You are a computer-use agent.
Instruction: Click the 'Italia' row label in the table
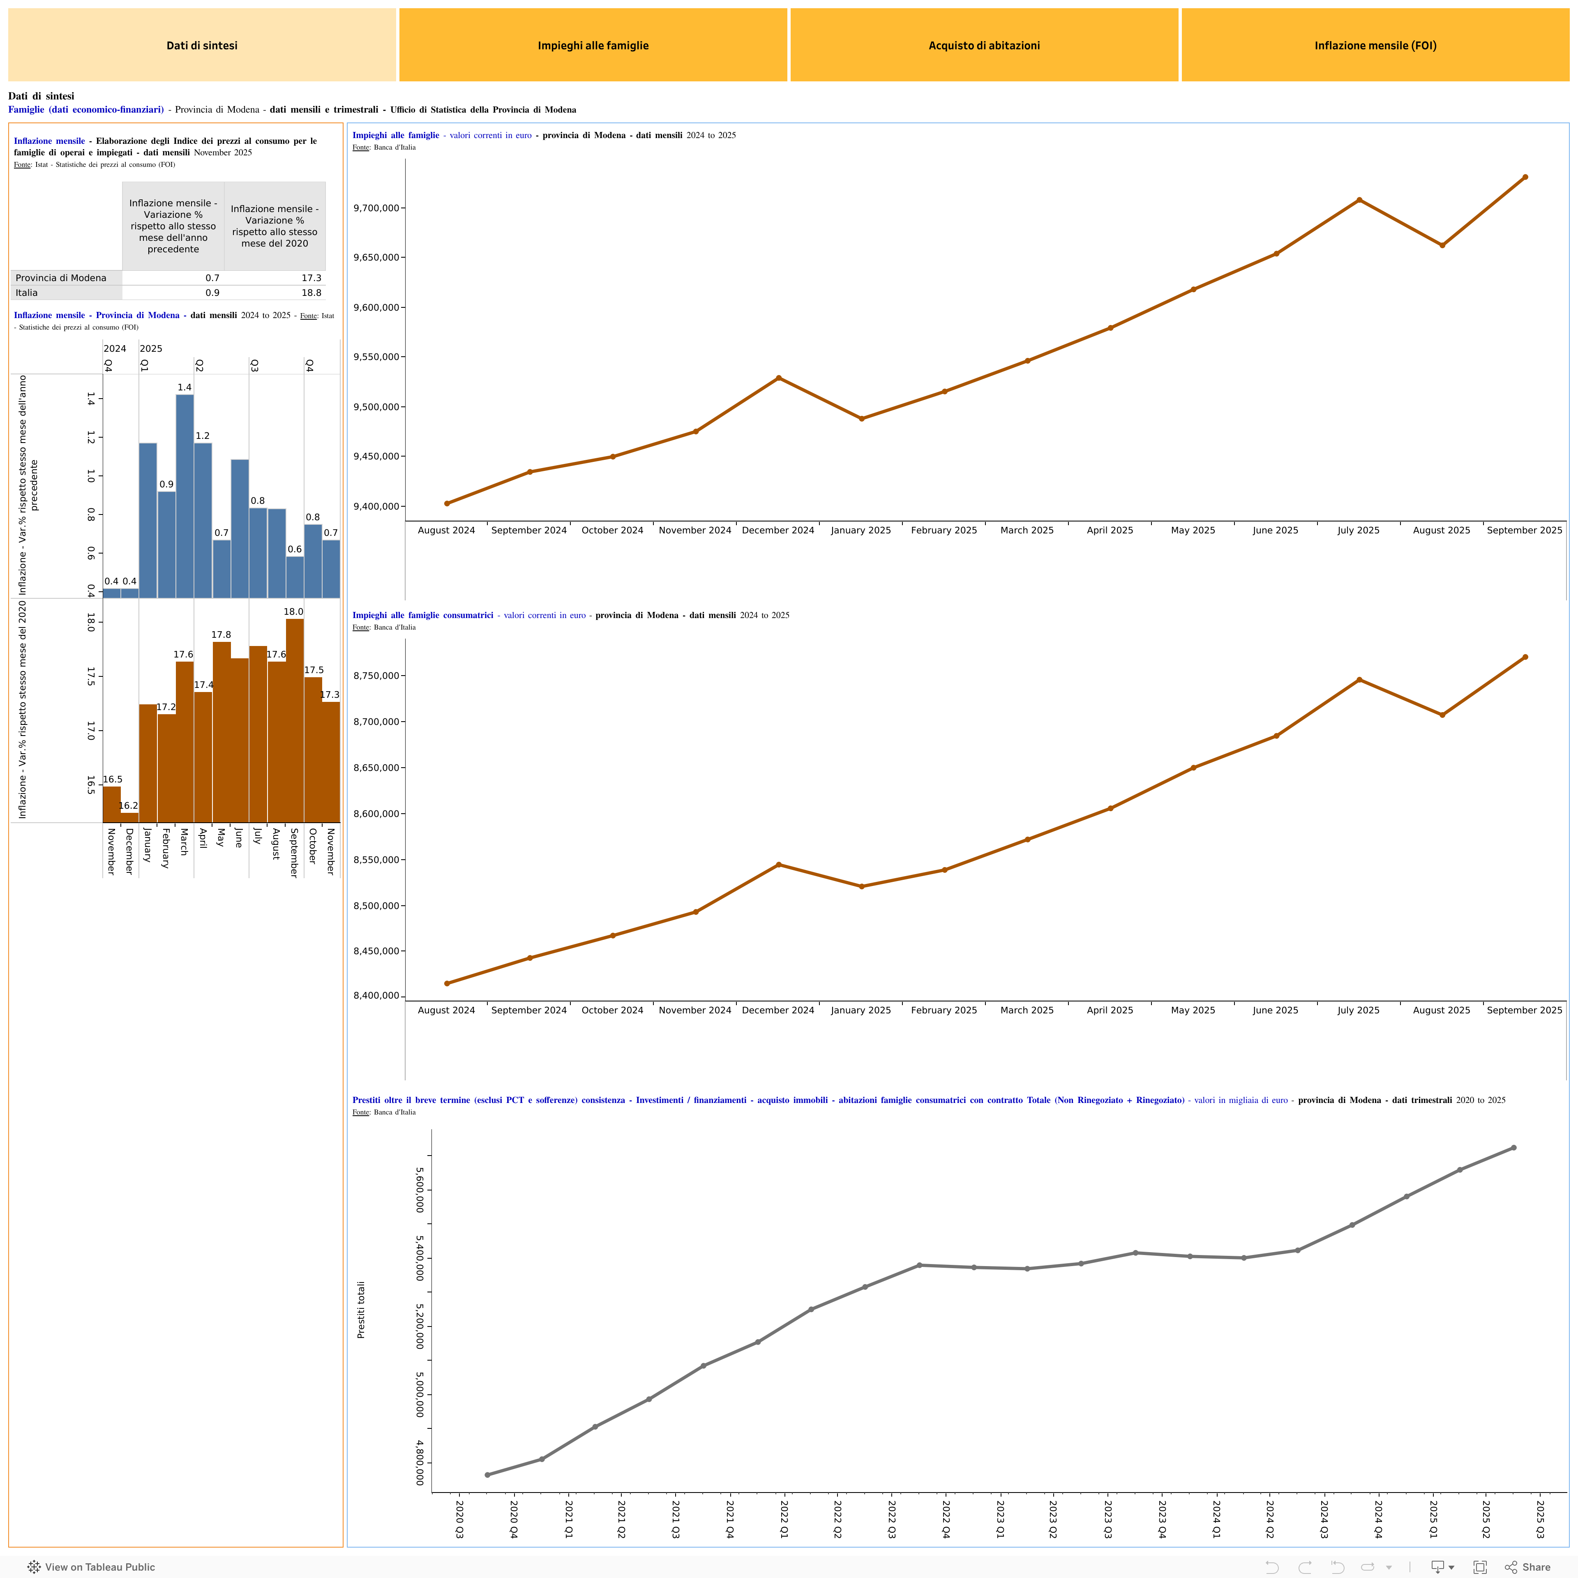[x=27, y=293]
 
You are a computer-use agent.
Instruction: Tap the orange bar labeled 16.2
[x=129, y=817]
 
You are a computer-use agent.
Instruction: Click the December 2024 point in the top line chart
[x=778, y=378]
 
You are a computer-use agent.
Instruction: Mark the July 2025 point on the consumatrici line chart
[x=1359, y=680]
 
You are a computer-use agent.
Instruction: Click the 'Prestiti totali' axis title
[x=361, y=1309]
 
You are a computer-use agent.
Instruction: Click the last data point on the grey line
[x=1513, y=1148]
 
